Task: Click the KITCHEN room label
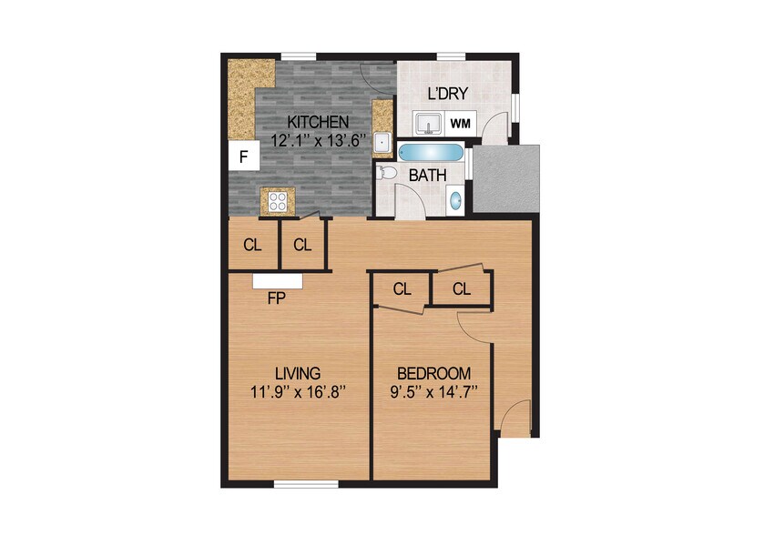tap(319, 122)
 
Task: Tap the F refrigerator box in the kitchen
tap(243, 156)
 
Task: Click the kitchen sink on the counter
tap(382, 143)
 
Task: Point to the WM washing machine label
tap(461, 123)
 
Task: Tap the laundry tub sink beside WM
tap(427, 123)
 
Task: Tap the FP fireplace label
tap(277, 297)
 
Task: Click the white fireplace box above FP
tap(277, 280)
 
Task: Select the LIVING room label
tap(297, 373)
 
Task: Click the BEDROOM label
tap(433, 373)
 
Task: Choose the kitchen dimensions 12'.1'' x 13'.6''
tap(319, 140)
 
